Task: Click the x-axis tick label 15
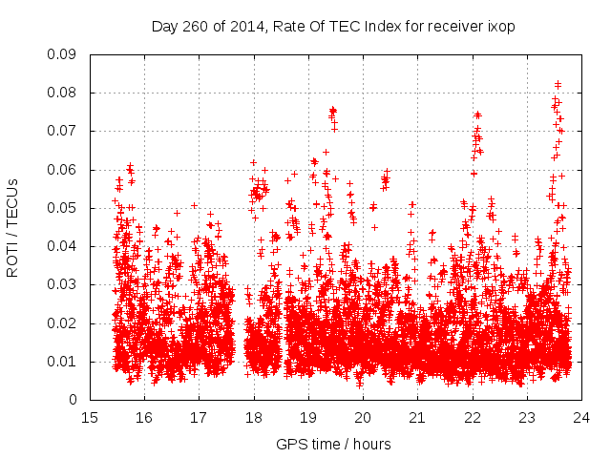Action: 90,417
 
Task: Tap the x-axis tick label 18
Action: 254,417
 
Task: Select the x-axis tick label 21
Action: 417,417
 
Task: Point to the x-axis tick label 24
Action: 581,417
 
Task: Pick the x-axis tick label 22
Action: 472,417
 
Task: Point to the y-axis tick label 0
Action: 75,400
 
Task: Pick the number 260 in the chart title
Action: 196,26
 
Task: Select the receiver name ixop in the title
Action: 499,26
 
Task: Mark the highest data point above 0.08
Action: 558,84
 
